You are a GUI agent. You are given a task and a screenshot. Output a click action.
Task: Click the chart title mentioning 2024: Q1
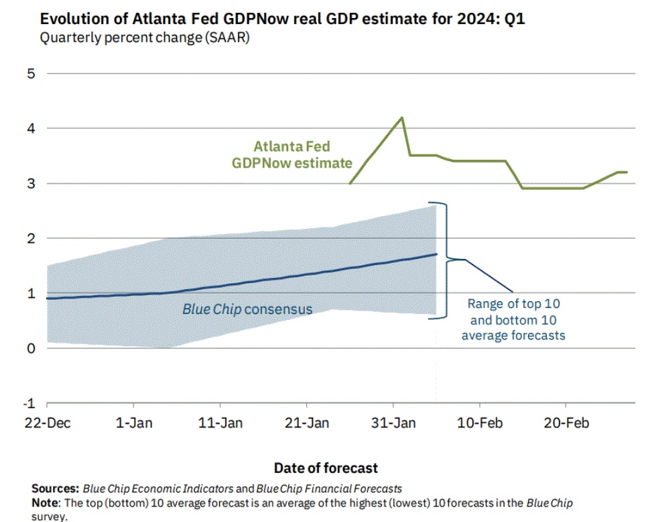[x=282, y=19]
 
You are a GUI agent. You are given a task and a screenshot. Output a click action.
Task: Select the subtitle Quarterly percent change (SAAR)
[x=145, y=38]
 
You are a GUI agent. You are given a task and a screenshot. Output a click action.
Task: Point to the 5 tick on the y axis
[x=30, y=73]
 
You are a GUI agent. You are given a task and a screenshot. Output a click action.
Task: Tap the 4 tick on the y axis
[x=30, y=128]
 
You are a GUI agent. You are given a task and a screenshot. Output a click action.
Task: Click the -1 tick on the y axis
[x=28, y=403]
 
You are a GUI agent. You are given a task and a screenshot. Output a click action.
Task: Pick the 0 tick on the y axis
[x=30, y=348]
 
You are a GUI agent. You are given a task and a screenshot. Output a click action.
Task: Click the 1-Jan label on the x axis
[x=134, y=423]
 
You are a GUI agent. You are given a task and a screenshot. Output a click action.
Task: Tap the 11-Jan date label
[x=220, y=423]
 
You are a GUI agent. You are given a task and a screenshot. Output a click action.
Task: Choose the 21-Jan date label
[x=307, y=423]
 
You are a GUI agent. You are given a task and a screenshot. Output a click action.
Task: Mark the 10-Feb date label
[x=479, y=423]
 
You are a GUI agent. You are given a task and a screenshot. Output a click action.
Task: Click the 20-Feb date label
[x=566, y=423]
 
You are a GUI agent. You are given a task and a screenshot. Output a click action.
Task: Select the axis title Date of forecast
[x=326, y=468]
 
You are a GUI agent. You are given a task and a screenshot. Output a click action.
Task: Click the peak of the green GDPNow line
[x=402, y=117]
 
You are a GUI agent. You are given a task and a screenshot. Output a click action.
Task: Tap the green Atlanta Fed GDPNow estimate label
[x=292, y=154]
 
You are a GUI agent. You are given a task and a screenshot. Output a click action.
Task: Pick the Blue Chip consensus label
[x=247, y=309]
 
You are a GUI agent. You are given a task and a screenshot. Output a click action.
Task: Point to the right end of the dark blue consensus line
[x=437, y=254]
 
